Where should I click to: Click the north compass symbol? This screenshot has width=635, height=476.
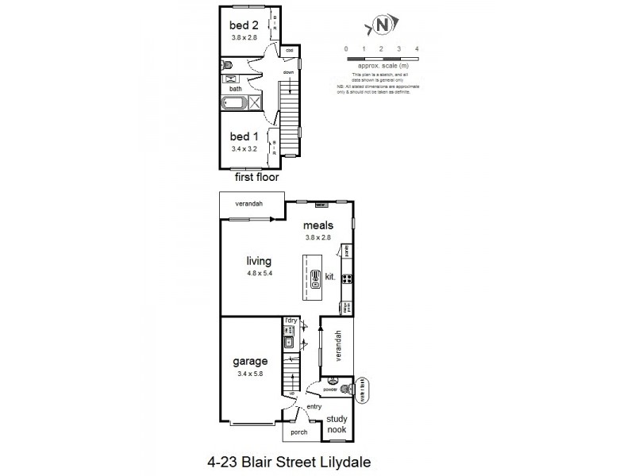pos(382,25)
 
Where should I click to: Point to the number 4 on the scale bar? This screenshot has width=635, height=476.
pos(417,48)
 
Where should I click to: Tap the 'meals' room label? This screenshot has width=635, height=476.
pos(317,225)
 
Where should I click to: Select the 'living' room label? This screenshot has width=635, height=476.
pos(259,261)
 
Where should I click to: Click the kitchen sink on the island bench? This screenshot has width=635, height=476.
pos(315,276)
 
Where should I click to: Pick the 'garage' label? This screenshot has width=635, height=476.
pos(249,361)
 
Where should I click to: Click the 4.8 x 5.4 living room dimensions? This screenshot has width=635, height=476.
pos(259,274)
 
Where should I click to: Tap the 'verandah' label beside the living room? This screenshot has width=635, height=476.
pos(248,204)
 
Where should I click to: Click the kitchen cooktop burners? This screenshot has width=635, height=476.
pos(346,277)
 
